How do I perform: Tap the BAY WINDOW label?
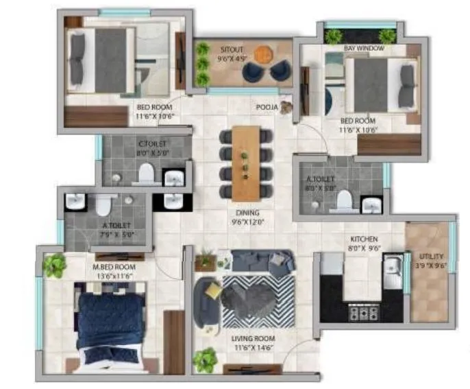coord(364,49)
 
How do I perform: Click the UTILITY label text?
coord(431,257)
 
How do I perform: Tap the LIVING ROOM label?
coord(253,339)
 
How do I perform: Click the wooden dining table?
coord(246,163)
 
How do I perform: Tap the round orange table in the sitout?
coord(263,53)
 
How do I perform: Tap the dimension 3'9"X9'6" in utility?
coord(432,266)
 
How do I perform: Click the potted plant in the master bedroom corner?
coord(53,264)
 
